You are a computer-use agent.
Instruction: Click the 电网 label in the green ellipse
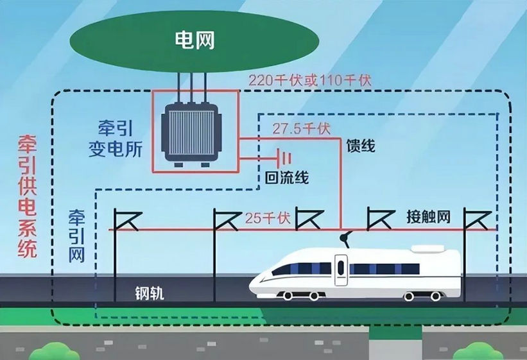tap(194, 40)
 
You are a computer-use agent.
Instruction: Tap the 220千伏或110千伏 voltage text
tap(310, 81)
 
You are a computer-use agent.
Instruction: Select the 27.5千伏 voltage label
tap(301, 129)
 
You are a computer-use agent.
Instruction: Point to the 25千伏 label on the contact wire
tap(268, 218)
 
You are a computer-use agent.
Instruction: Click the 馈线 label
tap(361, 146)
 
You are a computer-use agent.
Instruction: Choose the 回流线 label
tap(287, 178)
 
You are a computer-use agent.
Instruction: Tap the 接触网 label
tap(429, 217)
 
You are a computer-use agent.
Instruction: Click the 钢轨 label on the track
tap(150, 293)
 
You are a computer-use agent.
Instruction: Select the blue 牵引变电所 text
tap(116, 139)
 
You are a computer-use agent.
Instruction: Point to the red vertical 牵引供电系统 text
tap(28, 196)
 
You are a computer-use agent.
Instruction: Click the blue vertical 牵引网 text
tap(76, 237)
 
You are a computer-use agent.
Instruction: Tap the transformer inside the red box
tap(191, 133)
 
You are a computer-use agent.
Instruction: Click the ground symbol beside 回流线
tap(283, 158)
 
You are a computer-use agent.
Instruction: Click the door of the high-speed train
tap(341, 270)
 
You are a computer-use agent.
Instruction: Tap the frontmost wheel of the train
tap(288, 296)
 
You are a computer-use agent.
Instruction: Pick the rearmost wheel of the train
tap(436, 296)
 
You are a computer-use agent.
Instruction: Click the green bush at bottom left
tap(55, 351)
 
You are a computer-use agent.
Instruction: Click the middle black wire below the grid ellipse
tap(191, 87)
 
